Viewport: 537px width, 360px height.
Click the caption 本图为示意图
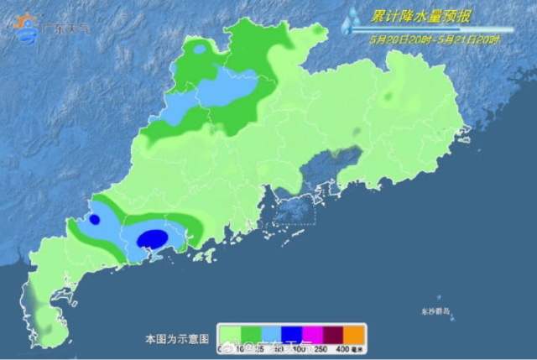click(x=171, y=339)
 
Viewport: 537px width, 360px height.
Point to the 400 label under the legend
click(x=342, y=347)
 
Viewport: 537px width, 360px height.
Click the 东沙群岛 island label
click(x=435, y=311)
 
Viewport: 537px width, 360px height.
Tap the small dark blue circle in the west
click(x=95, y=220)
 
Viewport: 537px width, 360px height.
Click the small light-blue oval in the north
click(x=201, y=50)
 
